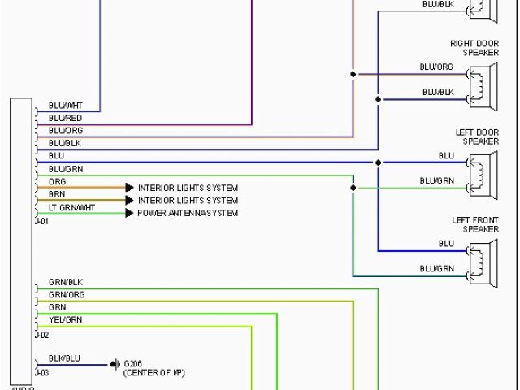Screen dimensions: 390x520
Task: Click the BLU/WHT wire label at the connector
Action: (65, 106)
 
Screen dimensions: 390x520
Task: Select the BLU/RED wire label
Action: (65, 119)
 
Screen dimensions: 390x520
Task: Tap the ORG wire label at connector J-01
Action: (57, 181)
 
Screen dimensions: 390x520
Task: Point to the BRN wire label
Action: (57, 194)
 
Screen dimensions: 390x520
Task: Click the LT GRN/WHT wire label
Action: (71, 207)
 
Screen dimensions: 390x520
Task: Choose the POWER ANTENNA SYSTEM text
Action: (188, 213)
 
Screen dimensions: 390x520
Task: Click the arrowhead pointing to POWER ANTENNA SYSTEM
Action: (128, 213)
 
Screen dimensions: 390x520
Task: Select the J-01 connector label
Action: (42, 221)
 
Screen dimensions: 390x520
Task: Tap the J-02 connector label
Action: (42, 334)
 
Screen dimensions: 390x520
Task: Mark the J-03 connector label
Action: (42, 372)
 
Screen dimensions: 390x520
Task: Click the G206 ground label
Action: (132, 362)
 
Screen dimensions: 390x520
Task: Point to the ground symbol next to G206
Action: (115, 364)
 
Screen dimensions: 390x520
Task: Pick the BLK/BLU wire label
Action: (64, 357)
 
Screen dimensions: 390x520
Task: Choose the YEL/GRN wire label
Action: (65, 320)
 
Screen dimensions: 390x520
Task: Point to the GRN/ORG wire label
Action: (67, 295)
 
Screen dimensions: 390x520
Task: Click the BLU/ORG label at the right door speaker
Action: (436, 67)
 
